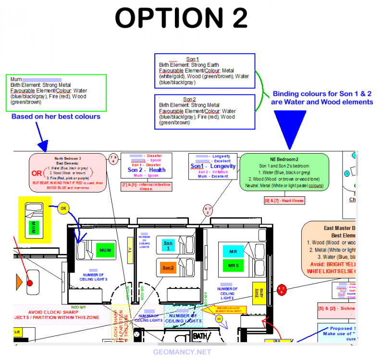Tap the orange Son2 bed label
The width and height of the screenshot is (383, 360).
(168, 267)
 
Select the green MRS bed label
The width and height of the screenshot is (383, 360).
(233, 265)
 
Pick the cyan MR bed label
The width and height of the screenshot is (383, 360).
(233, 251)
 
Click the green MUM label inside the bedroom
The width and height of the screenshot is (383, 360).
(105, 250)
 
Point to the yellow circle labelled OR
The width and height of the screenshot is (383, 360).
(62, 208)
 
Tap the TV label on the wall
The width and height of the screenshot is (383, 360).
(129, 250)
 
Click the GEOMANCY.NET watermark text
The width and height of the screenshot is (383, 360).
(182, 352)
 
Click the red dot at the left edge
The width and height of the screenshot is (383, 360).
(30, 283)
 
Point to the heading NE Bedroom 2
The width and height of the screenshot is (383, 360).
(284, 159)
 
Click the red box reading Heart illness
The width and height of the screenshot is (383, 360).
(284, 201)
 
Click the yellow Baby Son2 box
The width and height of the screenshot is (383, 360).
(256, 293)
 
